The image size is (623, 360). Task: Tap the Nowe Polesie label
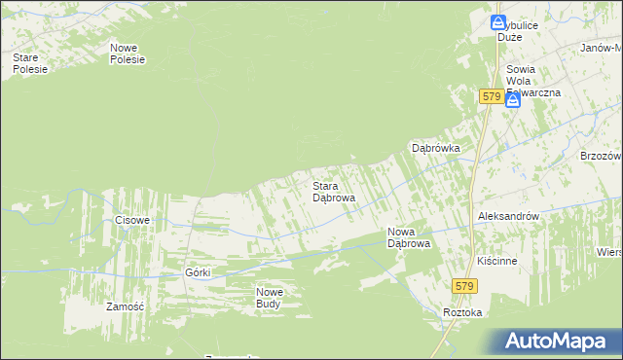128,54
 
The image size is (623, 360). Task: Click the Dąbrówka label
435,149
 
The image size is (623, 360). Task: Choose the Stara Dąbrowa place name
333,191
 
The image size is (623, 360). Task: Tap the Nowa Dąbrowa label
409,237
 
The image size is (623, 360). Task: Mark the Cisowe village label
132,220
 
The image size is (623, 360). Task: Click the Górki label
198,272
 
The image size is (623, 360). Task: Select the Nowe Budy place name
269,298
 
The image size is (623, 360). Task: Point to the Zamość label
126,306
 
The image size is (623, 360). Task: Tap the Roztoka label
462,312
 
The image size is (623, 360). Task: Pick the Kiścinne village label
497,262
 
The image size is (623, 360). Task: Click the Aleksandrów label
508,217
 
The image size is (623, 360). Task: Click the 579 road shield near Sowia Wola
491,97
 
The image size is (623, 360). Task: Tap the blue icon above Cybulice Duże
498,21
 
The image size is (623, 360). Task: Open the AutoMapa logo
558,342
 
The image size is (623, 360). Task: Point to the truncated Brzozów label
601,156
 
